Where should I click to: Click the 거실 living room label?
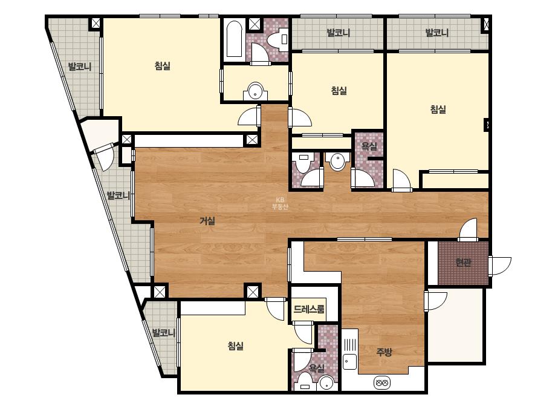point(207,221)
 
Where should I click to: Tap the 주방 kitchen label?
point(384,352)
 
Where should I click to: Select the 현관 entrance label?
point(464,263)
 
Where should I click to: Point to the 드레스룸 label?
point(309,309)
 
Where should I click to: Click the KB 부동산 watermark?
point(280,203)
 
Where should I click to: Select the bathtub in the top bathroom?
point(234,39)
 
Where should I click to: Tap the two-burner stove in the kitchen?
point(382,384)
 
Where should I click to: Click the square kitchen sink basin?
point(349,362)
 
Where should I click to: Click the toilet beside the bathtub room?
point(279,39)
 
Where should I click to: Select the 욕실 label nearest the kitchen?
point(316,368)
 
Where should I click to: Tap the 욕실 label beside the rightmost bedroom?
point(369,146)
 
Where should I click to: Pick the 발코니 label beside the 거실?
point(118,195)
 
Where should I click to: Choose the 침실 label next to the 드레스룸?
point(236,345)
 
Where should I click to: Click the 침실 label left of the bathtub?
point(162,65)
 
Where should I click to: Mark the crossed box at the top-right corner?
point(486,25)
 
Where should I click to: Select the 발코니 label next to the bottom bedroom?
point(164,333)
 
